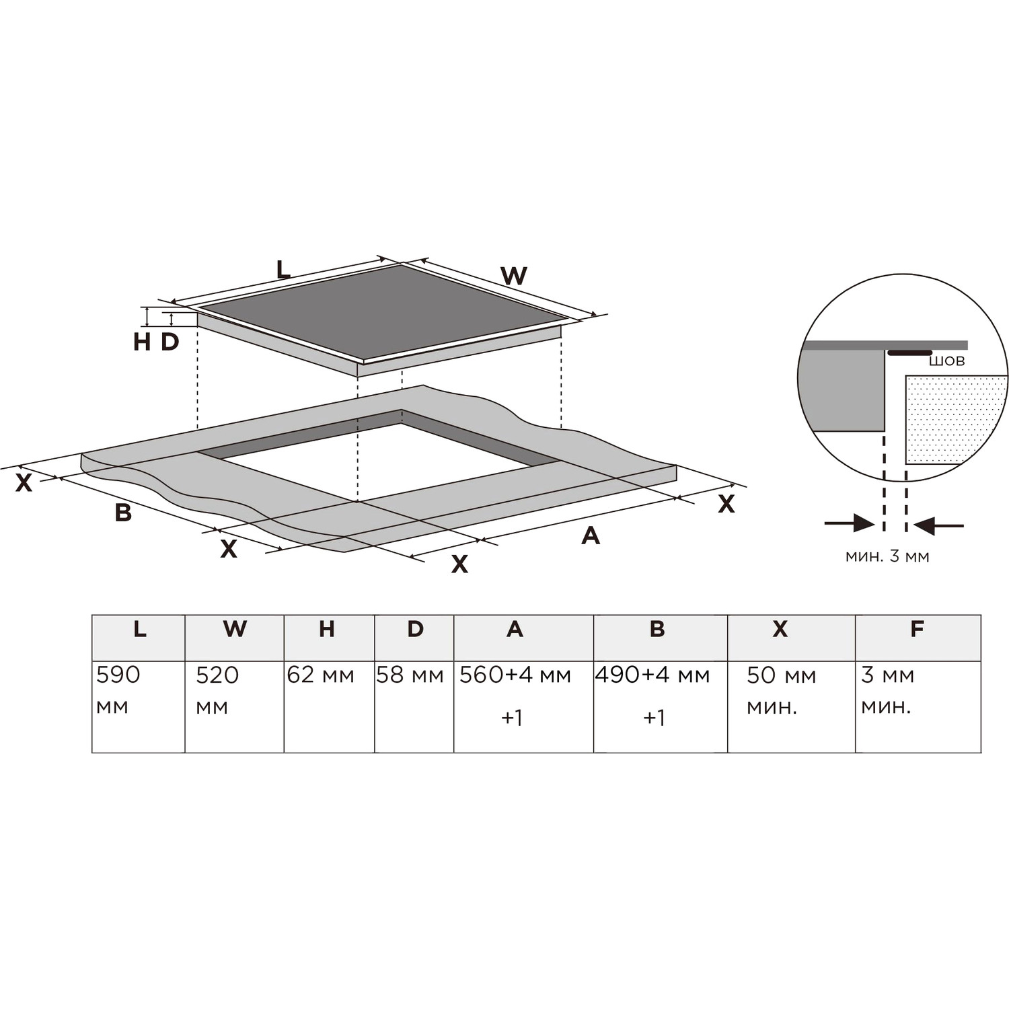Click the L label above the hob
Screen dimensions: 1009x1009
point(283,269)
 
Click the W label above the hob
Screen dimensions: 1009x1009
point(514,276)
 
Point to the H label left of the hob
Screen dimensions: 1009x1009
point(141,342)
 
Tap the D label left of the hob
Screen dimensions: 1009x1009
point(170,342)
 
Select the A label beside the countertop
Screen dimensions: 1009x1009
point(590,535)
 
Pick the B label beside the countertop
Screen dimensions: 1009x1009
point(123,513)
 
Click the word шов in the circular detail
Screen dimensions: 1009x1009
point(946,361)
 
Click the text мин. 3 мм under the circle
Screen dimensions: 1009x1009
point(887,556)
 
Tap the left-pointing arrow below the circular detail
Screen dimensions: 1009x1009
point(940,525)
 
